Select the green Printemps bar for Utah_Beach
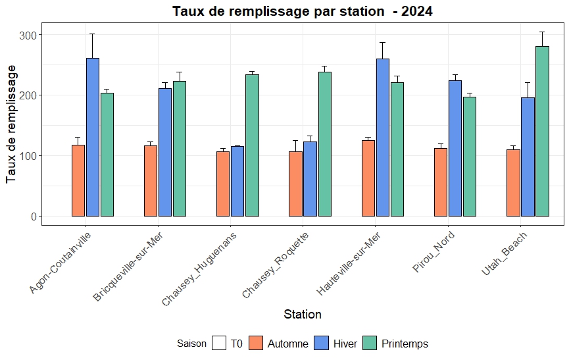pos(542,131)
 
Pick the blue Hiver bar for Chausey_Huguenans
pos(237,181)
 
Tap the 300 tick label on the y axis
pos(29,35)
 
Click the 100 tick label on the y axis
pos(29,156)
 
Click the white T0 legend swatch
pos(219,344)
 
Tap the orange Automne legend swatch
pos(256,344)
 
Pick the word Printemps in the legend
pos(405,344)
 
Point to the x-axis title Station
pos(303,315)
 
